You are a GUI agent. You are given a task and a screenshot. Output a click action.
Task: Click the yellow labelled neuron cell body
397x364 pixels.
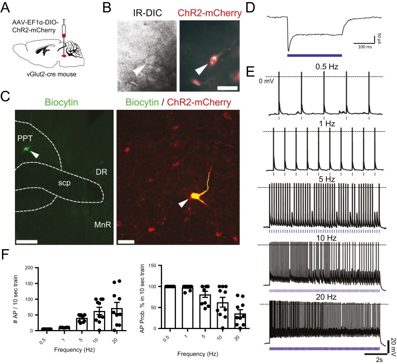(x=189, y=198)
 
